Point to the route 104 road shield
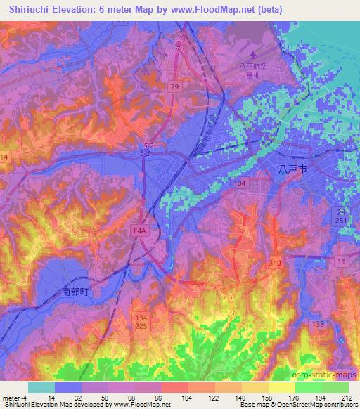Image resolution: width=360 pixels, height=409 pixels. coord(240,181)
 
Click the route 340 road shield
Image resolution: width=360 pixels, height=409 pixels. coord(275,261)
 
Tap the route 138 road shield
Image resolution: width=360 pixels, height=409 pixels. coord(318,323)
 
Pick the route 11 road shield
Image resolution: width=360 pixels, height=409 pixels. coord(341,261)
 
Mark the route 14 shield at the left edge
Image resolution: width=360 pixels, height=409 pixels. coord(4,157)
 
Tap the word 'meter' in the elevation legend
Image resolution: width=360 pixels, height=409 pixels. coord(11,398)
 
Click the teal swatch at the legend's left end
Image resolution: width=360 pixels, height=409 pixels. coord(41,387)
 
